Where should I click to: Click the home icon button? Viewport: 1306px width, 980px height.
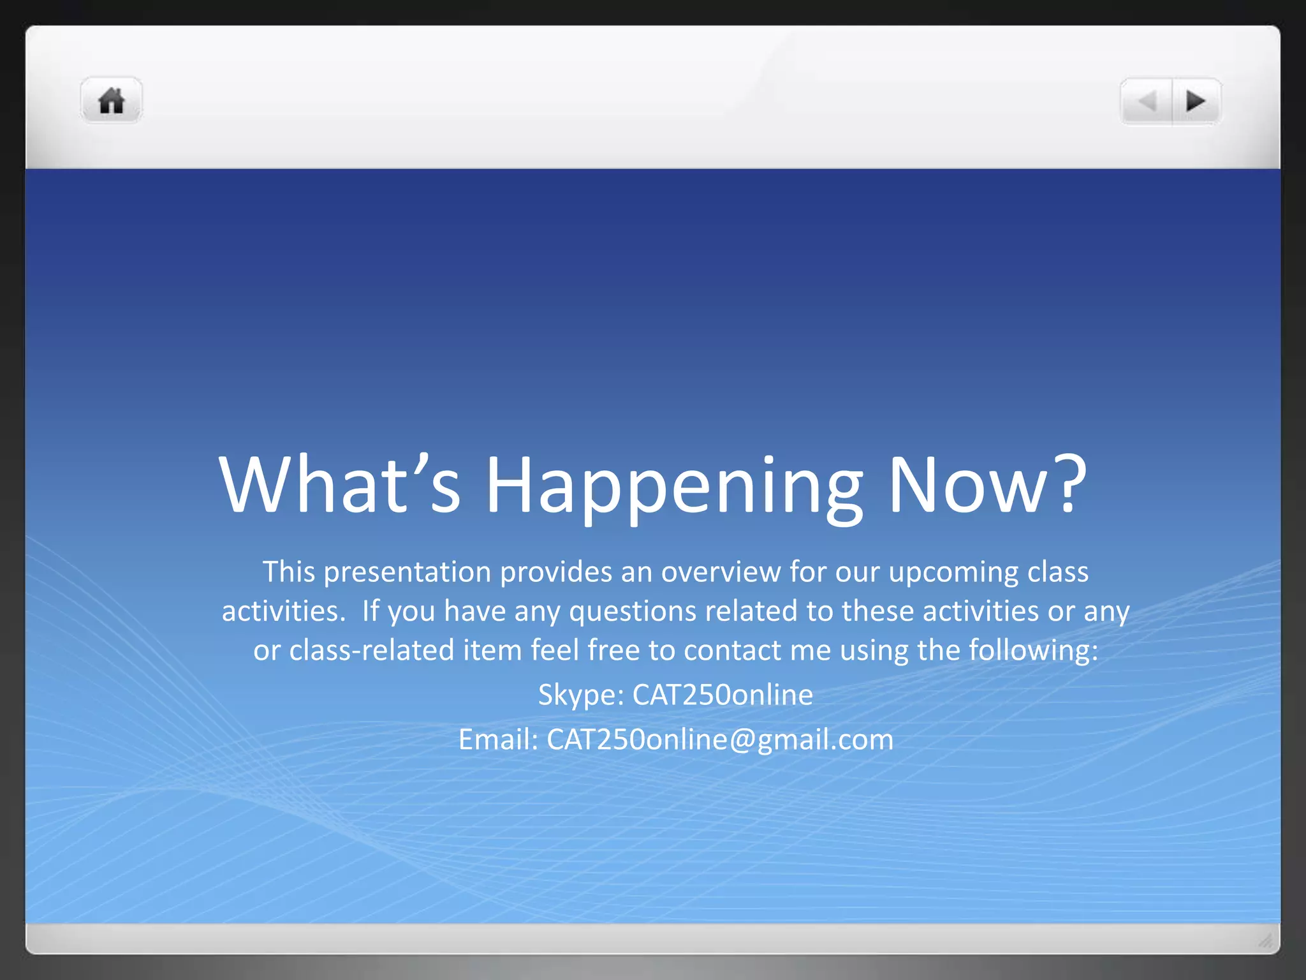[112, 101]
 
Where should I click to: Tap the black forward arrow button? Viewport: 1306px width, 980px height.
[1196, 101]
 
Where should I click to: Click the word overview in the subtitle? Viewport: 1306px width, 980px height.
[720, 572]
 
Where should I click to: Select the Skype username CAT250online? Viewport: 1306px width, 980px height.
[723, 695]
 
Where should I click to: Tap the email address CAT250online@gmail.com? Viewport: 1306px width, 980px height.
[720, 740]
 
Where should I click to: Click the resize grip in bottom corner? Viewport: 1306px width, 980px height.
[1265, 940]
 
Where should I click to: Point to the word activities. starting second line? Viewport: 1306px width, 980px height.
[283, 611]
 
